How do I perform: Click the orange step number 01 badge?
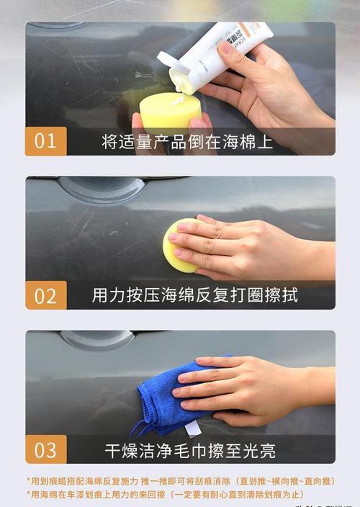[45, 141]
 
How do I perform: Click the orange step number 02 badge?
[45, 295]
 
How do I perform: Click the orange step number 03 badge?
[45, 449]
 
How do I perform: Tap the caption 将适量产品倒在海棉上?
[187, 141]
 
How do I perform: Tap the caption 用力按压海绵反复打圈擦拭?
[194, 295]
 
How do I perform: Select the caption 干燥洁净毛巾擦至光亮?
[190, 451]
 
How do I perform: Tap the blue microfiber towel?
[162, 400]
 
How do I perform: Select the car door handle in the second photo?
[101, 189]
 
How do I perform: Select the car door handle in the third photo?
[97, 339]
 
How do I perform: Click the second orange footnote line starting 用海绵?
[166, 495]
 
